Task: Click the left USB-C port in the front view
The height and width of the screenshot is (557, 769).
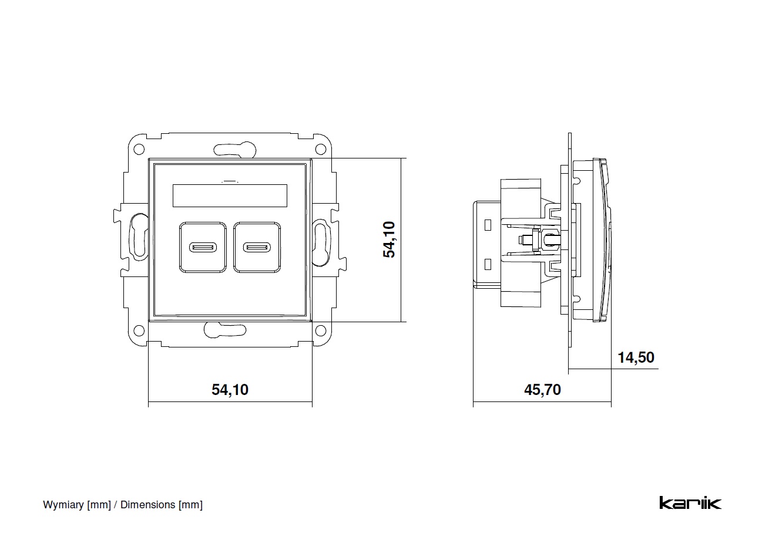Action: coord(203,247)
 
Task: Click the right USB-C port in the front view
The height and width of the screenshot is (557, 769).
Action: coord(257,247)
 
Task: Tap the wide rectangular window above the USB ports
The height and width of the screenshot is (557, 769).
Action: coord(230,195)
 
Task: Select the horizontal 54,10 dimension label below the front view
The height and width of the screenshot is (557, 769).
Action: coord(230,389)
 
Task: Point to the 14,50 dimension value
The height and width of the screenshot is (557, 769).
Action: coord(636,357)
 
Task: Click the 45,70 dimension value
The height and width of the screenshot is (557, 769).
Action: coord(542,389)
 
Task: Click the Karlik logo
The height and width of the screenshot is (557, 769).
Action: coord(690,503)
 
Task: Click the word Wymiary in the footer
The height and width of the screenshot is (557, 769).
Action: coord(63,505)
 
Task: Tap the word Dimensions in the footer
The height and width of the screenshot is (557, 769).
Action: coord(147,505)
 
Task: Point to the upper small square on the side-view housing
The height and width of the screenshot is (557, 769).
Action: coord(487,224)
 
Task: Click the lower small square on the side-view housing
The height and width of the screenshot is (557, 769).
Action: coord(487,263)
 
